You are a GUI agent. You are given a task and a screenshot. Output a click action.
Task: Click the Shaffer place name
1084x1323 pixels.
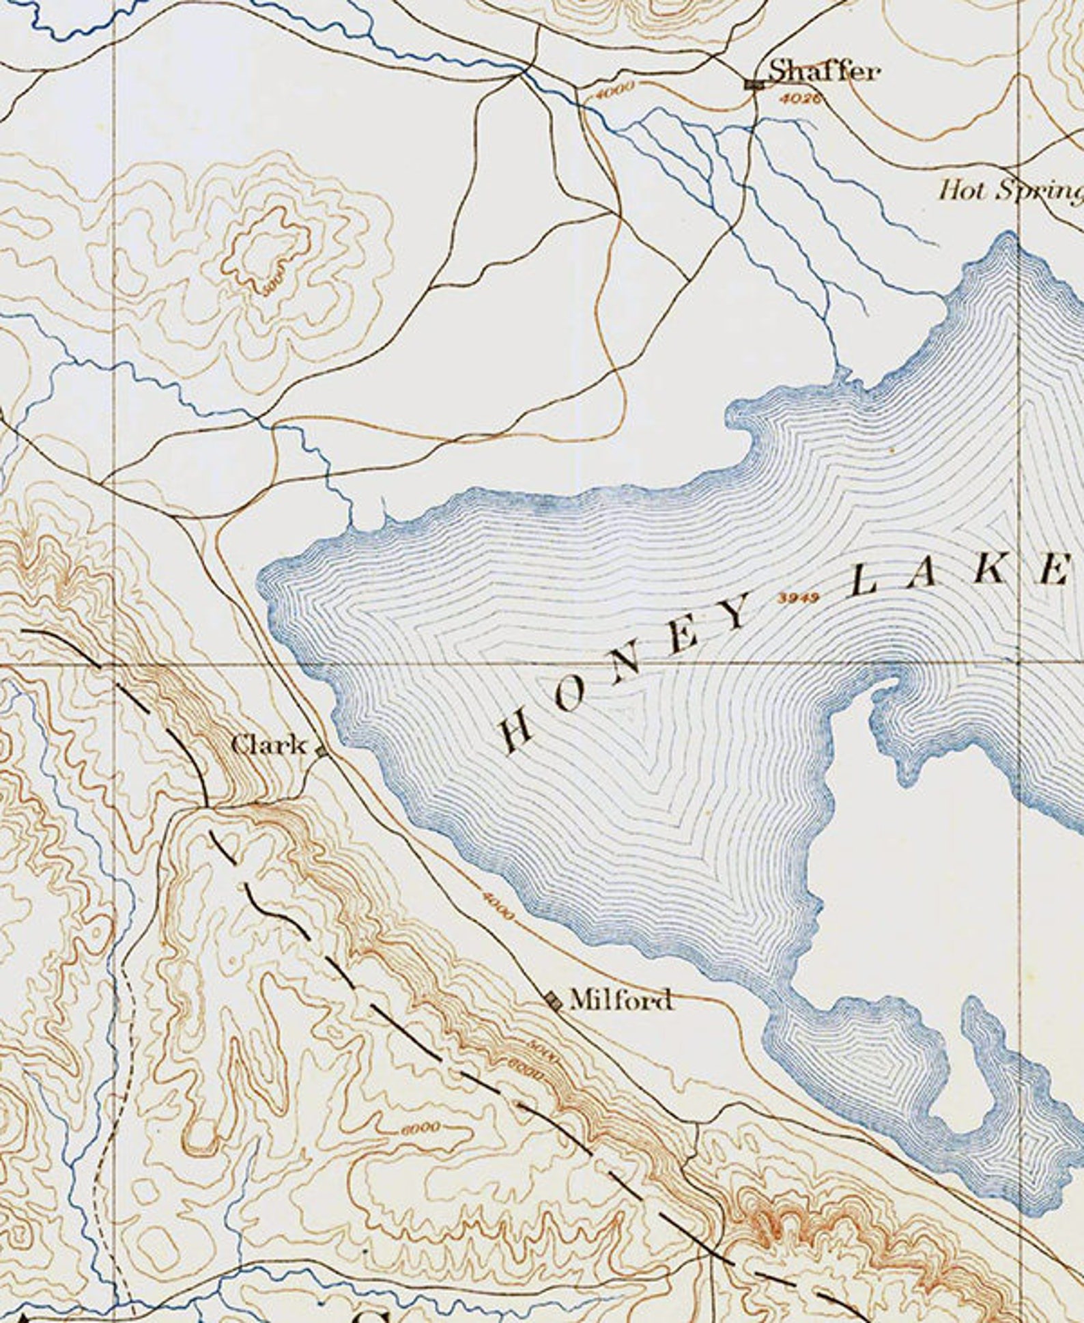pyautogui.click(x=824, y=70)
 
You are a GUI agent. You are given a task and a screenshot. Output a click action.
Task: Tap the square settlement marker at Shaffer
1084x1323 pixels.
pyautogui.click(x=754, y=84)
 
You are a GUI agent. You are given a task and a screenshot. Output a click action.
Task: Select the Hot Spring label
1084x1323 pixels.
pyautogui.click(x=1010, y=190)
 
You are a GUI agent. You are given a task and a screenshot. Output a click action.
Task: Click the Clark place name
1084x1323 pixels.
pyautogui.click(x=269, y=744)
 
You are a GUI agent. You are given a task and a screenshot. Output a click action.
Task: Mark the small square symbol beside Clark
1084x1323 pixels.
pyautogui.click(x=322, y=751)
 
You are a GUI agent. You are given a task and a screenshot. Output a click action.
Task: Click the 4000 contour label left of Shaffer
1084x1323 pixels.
pyautogui.click(x=614, y=90)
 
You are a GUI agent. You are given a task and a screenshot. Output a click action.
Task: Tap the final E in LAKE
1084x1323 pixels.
pyautogui.click(x=1051, y=569)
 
